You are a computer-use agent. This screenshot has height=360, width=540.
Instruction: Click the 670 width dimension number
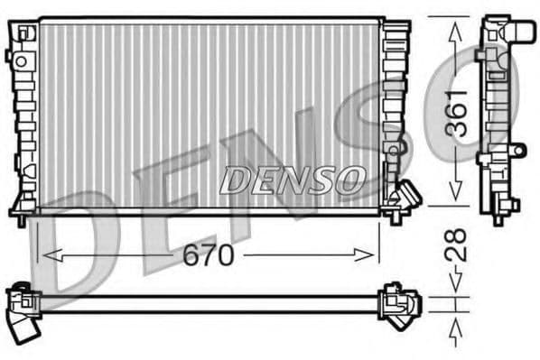[209, 256]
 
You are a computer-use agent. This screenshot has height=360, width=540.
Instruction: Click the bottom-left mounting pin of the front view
[21, 217]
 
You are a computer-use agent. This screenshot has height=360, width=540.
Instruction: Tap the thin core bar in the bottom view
[208, 303]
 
